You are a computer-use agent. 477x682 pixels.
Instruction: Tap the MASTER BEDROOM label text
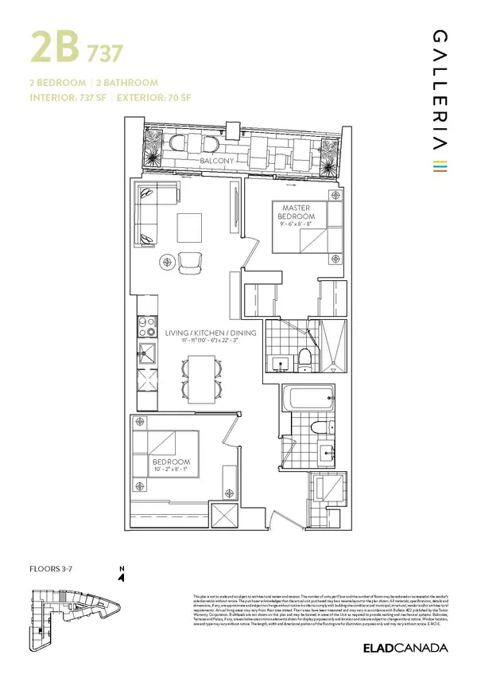click(296, 212)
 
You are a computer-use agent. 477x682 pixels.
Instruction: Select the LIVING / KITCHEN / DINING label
click(210, 333)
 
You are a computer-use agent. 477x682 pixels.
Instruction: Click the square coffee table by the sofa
click(189, 228)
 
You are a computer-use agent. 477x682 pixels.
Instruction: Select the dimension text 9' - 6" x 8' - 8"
click(296, 225)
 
